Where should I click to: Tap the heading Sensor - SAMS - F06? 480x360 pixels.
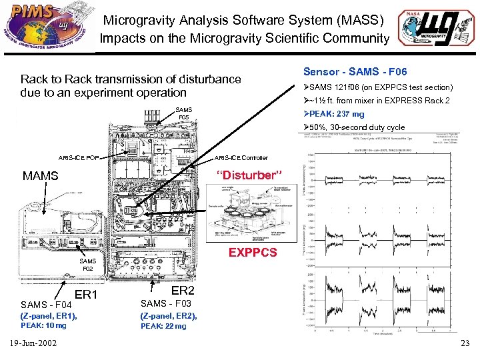click(355, 71)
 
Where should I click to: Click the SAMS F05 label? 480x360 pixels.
click(183, 114)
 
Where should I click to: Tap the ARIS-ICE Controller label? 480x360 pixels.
click(241, 158)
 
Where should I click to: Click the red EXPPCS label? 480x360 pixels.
click(252, 253)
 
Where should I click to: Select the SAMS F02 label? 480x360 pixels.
click(87, 265)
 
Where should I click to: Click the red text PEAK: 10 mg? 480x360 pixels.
click(43, 325)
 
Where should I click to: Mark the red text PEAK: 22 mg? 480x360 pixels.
click(163, 325)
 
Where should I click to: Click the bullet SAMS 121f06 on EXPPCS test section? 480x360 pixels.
click(378, 87)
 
